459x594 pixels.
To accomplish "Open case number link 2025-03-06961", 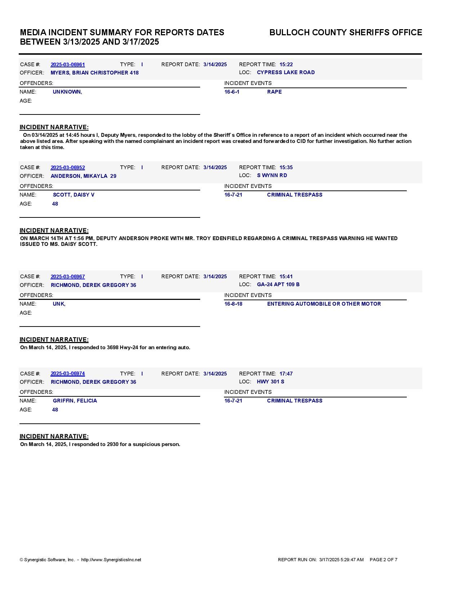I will click(x=68, y=64).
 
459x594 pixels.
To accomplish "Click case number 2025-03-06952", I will click(x=68, y=167).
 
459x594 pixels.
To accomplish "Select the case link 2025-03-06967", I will click(x=68, y=276).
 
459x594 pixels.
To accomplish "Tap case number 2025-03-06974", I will click(x=68, y=374).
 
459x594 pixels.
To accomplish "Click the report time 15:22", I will click(x=286, y=64).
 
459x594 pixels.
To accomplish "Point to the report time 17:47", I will click(x=286, y=374).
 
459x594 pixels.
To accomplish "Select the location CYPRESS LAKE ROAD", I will click(x=286, y=72).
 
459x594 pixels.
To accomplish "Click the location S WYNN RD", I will click(x=272, y=175).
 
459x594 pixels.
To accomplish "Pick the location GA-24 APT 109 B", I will click(x=278, y=284).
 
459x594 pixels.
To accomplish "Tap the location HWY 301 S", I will click(x=270, y=382).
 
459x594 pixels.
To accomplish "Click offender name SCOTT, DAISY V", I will click(x=73, y=195).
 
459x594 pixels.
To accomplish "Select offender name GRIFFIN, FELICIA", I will click(x=75, y=401).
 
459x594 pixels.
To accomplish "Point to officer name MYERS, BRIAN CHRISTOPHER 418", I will click(x=94, y=73).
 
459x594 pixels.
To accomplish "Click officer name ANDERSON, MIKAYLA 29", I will click(x=83, y=176).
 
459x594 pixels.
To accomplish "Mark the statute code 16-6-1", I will click(x=232, y=92).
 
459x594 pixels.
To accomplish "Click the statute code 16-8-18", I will click(x=233, y=304).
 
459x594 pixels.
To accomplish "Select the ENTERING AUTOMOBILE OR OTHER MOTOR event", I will click(x=324, y=304).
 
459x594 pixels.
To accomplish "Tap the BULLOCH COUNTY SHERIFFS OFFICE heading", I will click(x=346, y=32).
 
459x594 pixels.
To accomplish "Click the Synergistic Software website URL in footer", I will click(x=111, y=560).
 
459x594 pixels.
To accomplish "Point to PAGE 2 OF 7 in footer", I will click(x=383, y=560).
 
